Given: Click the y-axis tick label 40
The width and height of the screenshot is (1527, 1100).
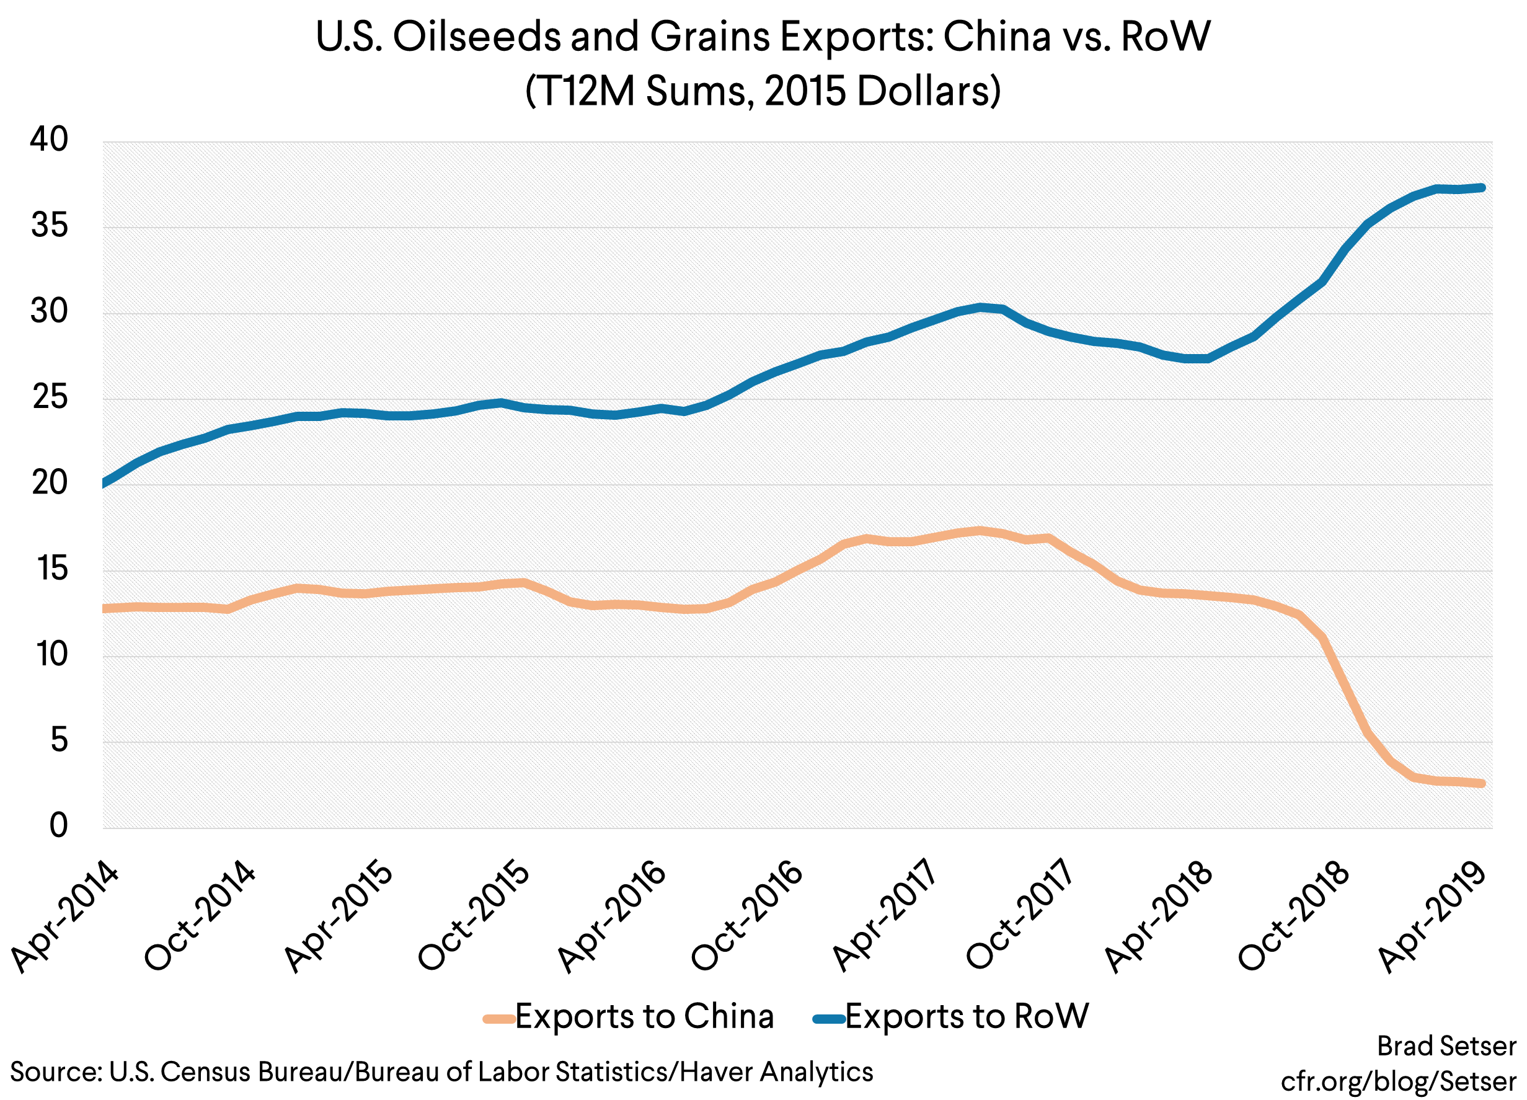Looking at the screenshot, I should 49,140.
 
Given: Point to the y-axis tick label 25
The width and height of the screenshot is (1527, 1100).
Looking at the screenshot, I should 50,397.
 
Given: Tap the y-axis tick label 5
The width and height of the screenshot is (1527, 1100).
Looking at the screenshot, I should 60,740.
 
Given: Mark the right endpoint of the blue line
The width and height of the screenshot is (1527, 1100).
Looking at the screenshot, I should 1482,188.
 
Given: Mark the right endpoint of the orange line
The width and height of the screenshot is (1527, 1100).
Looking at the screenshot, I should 1482,784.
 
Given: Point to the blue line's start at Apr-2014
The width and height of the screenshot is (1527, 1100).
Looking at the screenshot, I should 104,482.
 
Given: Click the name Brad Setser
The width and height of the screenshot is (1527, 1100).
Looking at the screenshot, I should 1446,1046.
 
